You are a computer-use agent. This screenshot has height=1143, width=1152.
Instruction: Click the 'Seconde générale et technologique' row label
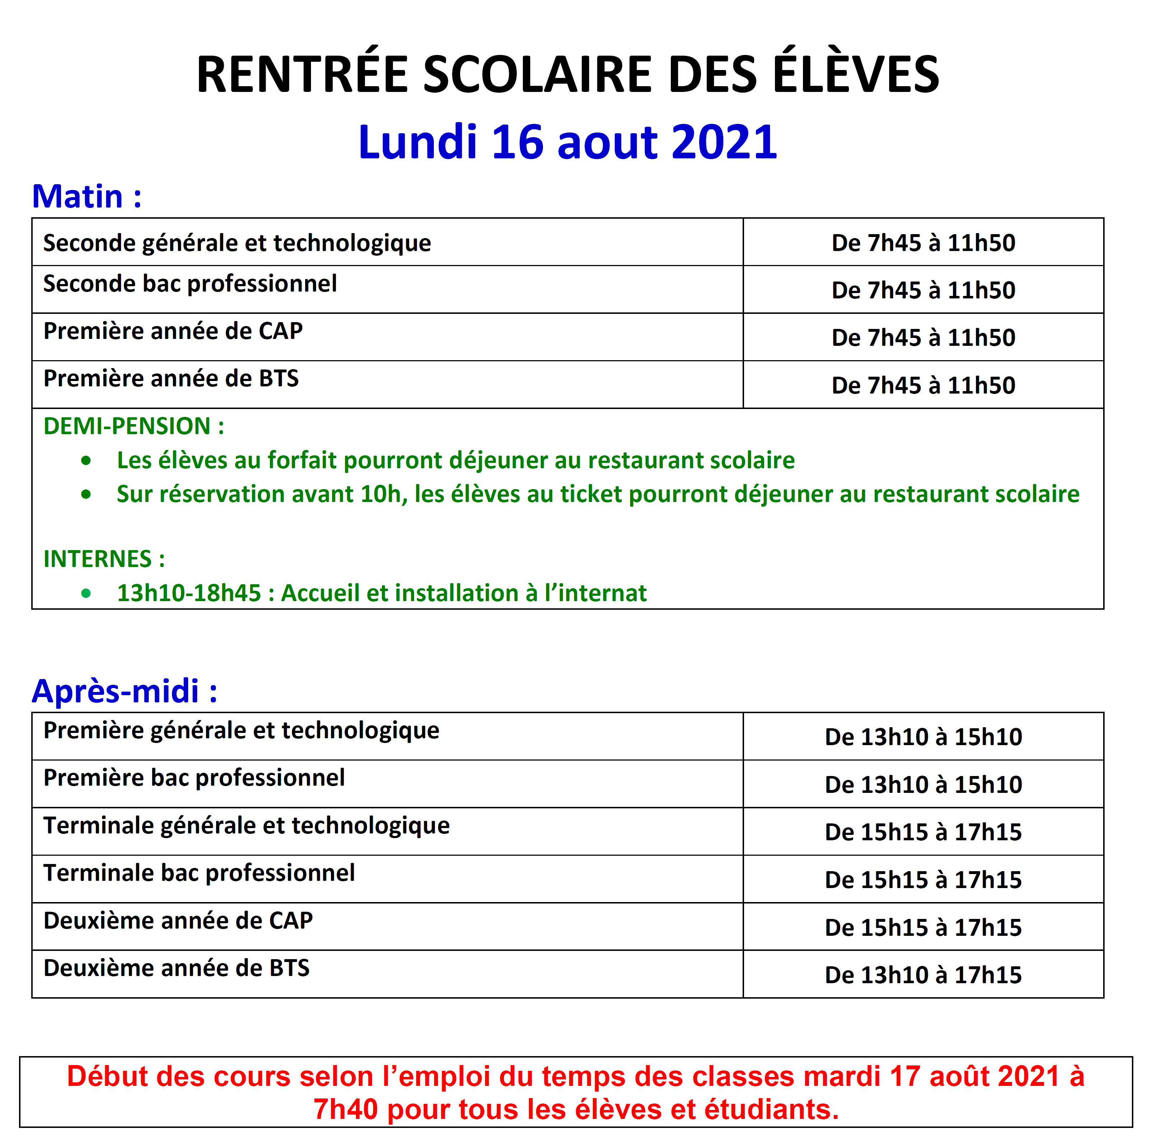pos(237,243)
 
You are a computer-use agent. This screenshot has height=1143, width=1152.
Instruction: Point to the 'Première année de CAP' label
pos(173,331)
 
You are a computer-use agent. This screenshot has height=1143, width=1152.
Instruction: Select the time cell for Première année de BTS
pos(923,385)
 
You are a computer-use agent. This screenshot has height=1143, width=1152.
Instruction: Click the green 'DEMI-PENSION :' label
pos(134,426)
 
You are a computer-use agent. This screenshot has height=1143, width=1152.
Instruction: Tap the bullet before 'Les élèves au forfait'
pos(87,460)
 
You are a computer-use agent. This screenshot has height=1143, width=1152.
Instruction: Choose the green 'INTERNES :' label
pos(104,559)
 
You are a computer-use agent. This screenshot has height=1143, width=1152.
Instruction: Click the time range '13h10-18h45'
pos(189,593)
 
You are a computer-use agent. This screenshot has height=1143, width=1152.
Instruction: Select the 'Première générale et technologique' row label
pos(241,730)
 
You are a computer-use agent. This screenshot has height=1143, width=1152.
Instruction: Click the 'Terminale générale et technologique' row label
pos(246,826)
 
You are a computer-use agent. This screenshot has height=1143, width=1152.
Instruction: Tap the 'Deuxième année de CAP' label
pos(178,921)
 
